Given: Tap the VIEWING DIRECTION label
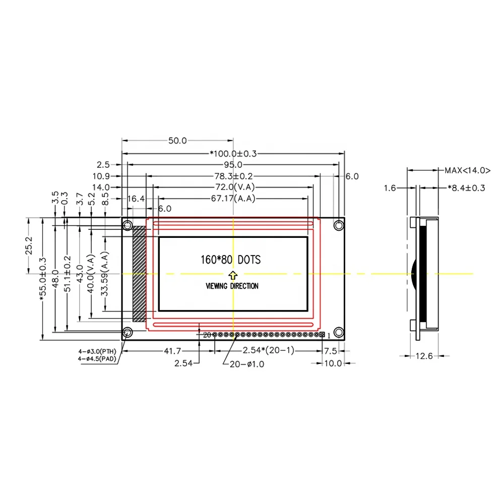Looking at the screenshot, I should click(x=232, y=286).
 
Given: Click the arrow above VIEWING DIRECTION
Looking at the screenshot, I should click(x=232, y=275).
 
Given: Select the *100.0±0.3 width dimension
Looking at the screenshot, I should click(x=233, y=154).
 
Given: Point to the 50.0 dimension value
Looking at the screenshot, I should click(x=177, y=141).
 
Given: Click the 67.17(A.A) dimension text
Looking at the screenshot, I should click(x=233, y=199).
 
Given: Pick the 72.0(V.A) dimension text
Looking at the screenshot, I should click(x=233, y=187).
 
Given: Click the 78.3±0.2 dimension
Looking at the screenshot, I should click(x=233, y=176).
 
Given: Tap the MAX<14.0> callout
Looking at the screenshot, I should click(x=467, y=170).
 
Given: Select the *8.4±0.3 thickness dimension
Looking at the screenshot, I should click(x=466, y=188).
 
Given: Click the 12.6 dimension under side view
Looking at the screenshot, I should click(x=424, y=356).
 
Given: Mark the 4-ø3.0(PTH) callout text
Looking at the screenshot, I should click(x=97, y=351).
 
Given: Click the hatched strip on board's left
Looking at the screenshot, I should click(x=139, y=274).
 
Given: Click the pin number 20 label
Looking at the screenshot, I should click(x=207, y=335).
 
